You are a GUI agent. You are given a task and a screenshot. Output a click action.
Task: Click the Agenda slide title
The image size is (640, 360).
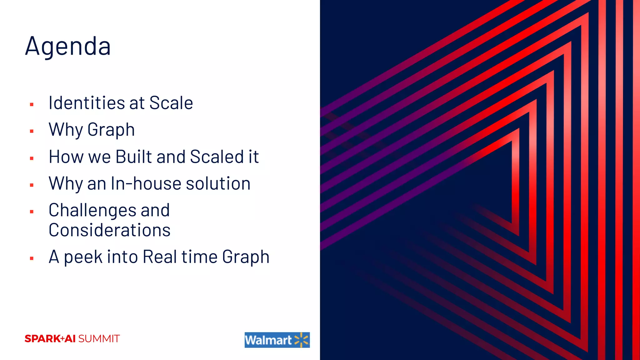pyautogui.click(x=68, y=46)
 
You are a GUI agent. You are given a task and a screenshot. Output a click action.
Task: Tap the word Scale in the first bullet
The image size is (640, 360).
pyautogui.click(x=171, y=103)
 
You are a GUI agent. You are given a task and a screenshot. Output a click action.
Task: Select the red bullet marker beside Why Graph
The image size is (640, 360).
pyautogui.click(x=32, y=131)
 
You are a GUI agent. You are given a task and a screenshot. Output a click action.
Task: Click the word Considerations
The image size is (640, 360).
pyautogui.click(x=109, y=230)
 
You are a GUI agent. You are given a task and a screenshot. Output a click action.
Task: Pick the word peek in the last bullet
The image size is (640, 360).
pyautogui.click(x=83, y=257)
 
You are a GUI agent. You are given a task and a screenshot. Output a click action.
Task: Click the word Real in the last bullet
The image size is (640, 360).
pyautogui.click(x=160, y=257)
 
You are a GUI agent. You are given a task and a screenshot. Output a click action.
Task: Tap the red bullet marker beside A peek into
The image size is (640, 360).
pyautogui.click(x=32, y=258)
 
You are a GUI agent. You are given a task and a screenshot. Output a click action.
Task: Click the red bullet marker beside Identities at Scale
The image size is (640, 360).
pyautogui.click(x=32, y=104)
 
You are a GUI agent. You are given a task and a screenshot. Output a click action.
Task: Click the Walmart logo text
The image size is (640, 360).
pyautogui.click(x=268, y=340)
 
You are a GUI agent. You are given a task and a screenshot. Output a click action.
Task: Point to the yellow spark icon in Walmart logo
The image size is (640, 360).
pyautogui.click(x=301, y=340)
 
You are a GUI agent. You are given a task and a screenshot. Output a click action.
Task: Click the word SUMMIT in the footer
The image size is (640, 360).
pyautogui.click(x=99, y=339)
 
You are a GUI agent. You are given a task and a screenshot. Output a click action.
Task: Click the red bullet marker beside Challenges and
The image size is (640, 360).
pyautogui.click(x=32, y=212)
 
